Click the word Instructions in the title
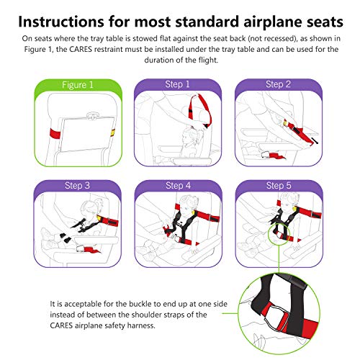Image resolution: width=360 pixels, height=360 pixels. tap(76, 17)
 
